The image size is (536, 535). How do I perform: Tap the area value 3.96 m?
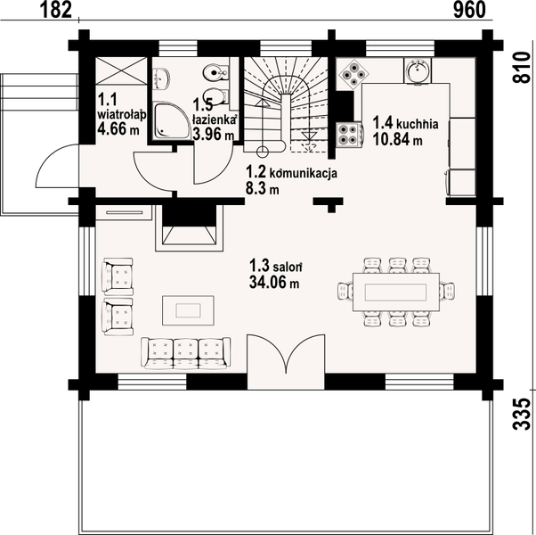coord(213,135)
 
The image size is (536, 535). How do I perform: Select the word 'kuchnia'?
coord(418,125)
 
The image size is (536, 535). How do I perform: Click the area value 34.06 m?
coord(273,283)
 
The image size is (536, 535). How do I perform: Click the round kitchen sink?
coord(417,69)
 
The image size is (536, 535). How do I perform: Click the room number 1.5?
coord(202,103)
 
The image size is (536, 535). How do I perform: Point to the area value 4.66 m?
coord(118,129)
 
